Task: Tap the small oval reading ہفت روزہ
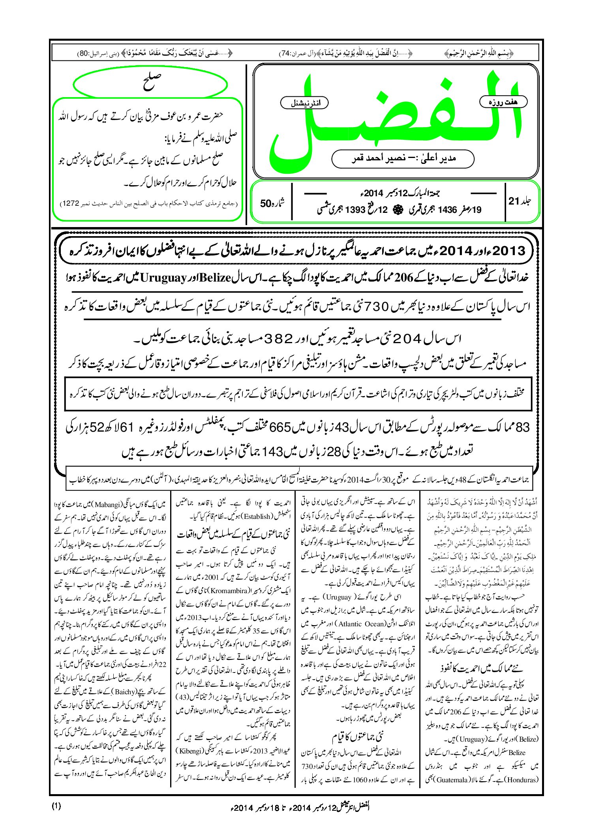tap(503, 102)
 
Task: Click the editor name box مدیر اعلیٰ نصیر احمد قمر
tap(403, 159)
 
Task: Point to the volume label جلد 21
tap(520, 201)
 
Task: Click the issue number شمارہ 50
tap(272, 204)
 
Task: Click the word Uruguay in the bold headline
tap(163, 278)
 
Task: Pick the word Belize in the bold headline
tap(215, 278)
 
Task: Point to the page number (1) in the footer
tap(56, 806)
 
